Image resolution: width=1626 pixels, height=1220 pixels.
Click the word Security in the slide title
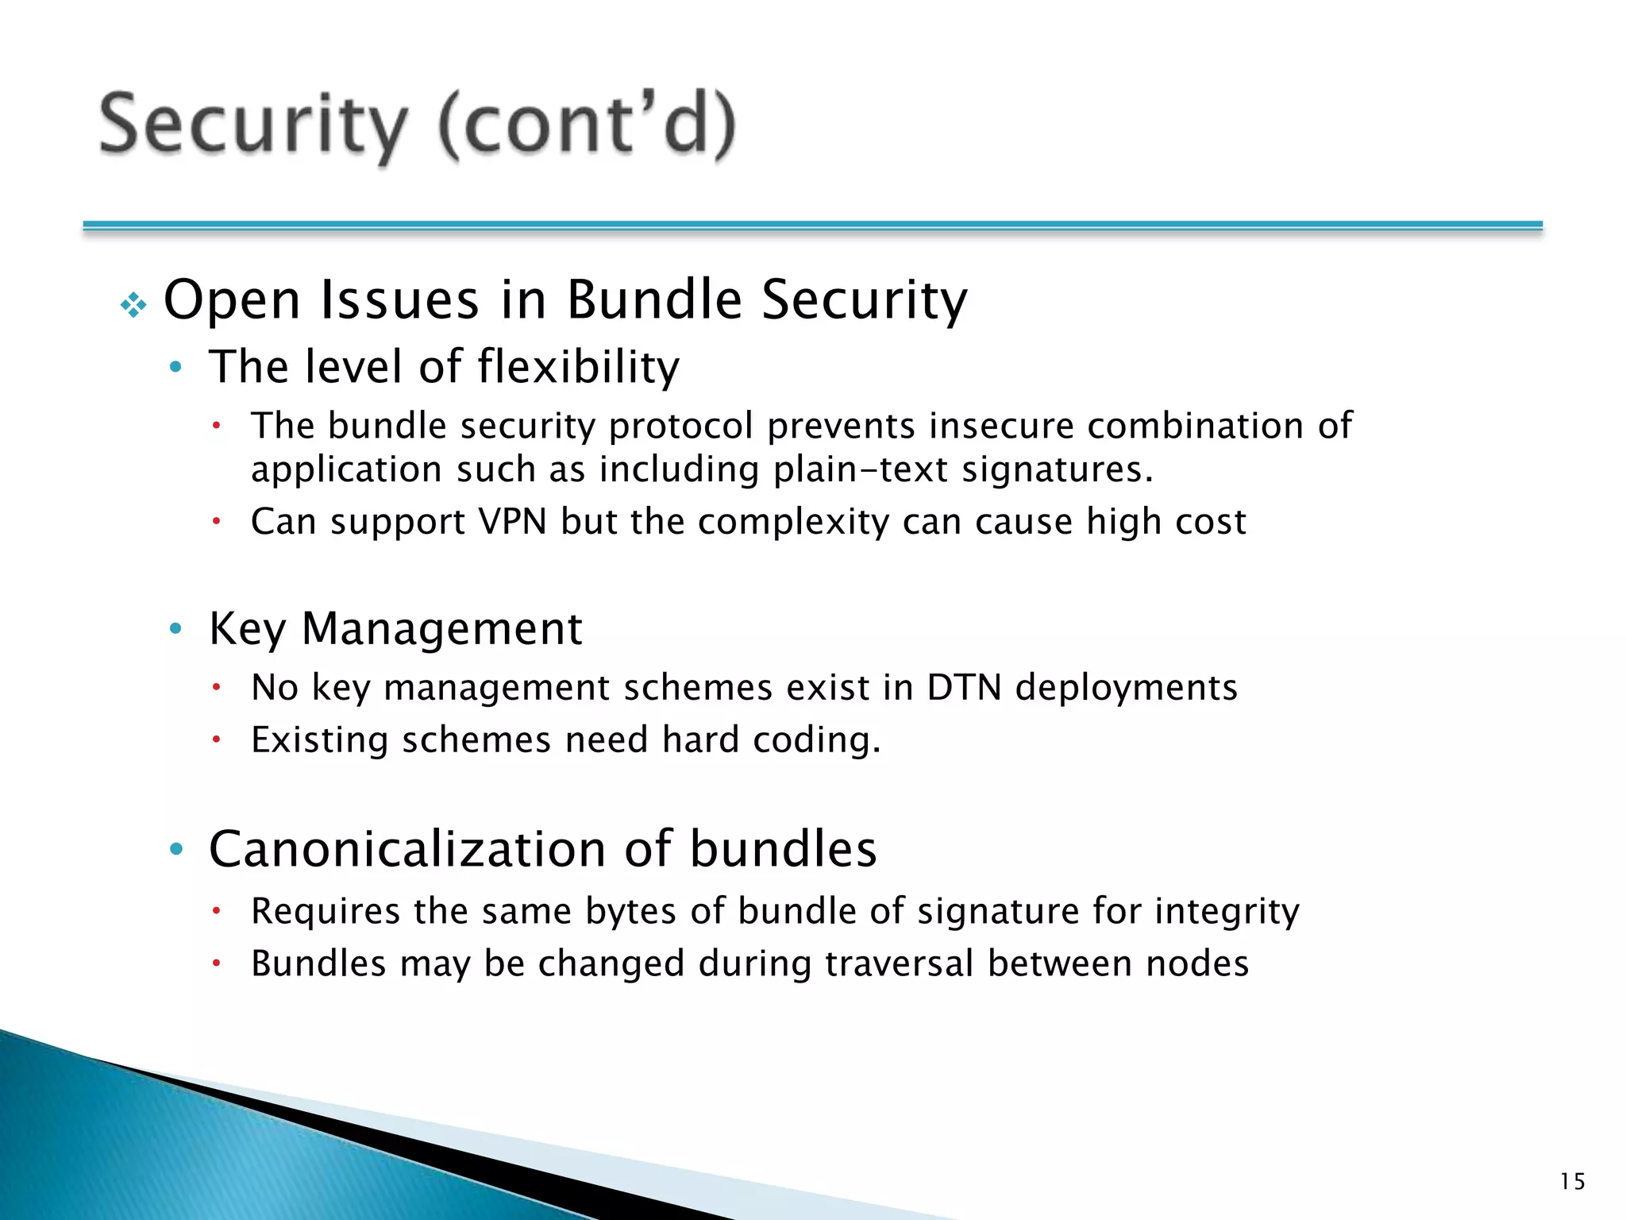(x=252, y=125)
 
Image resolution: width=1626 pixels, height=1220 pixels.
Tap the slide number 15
(x=1572, y=1182)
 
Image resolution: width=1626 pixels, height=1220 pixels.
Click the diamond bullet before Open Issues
(x=133, y=305)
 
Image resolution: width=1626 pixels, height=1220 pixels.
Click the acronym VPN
(x=512, y=522)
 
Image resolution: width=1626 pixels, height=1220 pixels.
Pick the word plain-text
(x=861, y=469)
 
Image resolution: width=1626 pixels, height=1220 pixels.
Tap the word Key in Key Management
(x=246, y=629)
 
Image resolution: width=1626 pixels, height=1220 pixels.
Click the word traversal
(x=899, y=963)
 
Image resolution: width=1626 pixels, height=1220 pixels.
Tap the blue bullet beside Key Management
(x=176, y=630)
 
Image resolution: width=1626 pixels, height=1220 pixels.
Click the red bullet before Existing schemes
(x=215, y=740)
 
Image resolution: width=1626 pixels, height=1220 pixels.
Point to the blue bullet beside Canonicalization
(x=176, y=850)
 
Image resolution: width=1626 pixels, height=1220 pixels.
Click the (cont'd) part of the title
(x=588, y=125)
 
